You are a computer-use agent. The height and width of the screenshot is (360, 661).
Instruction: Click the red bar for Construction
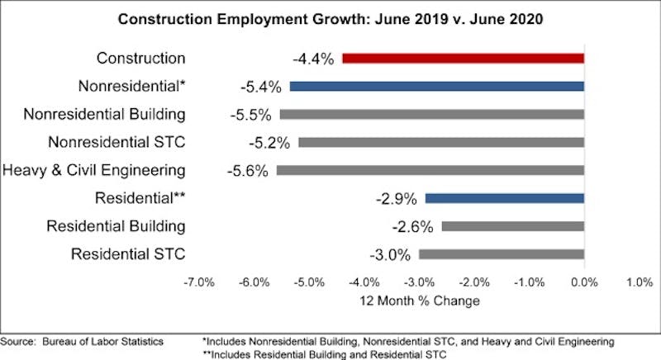[x=463, y=58]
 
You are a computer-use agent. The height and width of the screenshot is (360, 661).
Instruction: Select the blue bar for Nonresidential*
[x=436, y=86]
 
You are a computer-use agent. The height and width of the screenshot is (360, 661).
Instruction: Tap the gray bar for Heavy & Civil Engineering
[x=430, y=170]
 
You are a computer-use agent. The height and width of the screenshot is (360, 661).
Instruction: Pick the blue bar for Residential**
[x=504, y=198]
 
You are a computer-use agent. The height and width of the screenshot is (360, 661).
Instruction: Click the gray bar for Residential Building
[x=512, y=226]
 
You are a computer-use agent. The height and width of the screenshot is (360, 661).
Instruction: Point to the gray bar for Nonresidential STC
[x=440, y=142]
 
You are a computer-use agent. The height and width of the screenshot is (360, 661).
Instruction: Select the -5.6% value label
[x=247, y=171]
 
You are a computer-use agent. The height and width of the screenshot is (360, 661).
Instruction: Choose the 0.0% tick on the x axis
[x=584, y=282]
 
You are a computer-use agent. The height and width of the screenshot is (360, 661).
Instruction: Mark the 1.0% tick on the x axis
[x=639, y=282]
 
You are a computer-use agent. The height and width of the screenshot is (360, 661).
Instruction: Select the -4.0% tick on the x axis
[x=364, y=282]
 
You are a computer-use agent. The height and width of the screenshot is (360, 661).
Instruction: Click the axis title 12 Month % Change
[x=419, y=301]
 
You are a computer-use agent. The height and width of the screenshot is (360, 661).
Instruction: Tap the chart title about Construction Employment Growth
[x=330, y=18]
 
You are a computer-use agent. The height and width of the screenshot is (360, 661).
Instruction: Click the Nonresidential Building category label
[x=104, y=114]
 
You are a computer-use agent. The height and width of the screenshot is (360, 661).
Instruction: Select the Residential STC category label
[x=128, y=254]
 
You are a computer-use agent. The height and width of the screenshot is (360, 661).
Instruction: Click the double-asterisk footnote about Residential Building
[x=329, y=353]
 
